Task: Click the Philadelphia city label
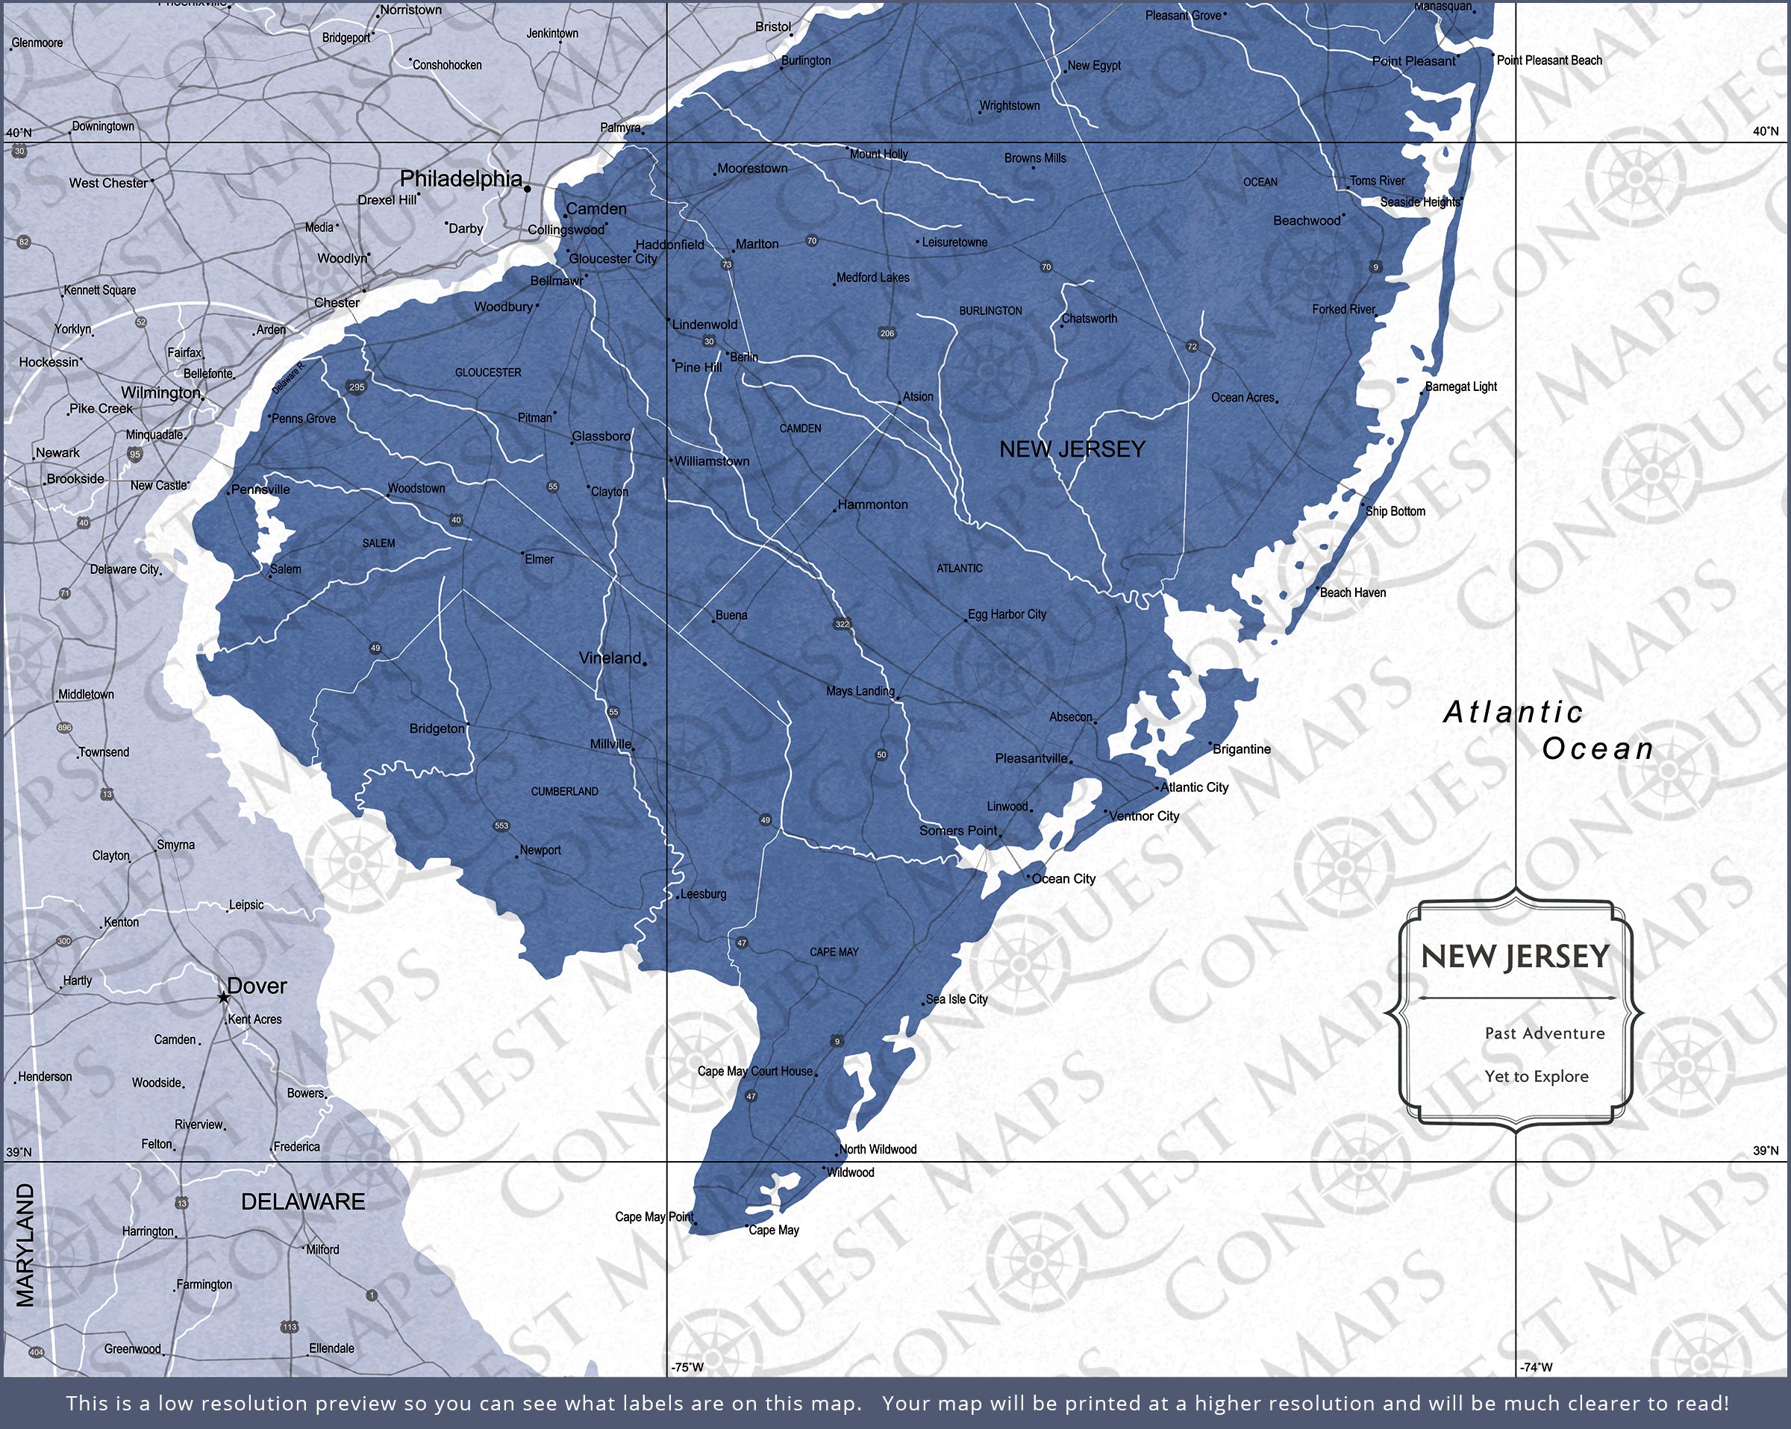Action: click(x=461, y=178)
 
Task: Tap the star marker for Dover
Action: click(x=223, y=997)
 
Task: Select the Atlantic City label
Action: click(x=1194, y=787)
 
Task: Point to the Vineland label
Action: click(x=610, y=658)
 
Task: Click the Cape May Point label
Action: click(x=654, y=1216)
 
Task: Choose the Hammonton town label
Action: click(x=872, y=504)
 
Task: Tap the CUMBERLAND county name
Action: click(x=564, y=791)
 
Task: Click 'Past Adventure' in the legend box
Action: click(x=1544, y=1033)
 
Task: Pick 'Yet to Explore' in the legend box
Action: click(x=1536, y=1076)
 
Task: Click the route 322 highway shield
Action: click(x=843, y=624)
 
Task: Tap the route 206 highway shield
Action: click(x=887, y=333)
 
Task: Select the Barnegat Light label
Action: click(x=1460, y=387)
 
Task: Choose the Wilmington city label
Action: click(x=161, y=393)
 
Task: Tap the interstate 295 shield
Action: click(x=357, y=387)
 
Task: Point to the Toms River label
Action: click(x=1377, y=181)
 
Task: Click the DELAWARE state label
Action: click(x=302, y=1201)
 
